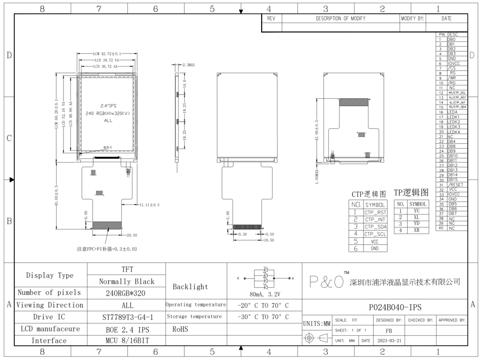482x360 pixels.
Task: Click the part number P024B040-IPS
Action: [x=395, y=307]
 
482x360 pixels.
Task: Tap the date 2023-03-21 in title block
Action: [x=389, y=341]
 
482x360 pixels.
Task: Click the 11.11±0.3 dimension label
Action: [x=150, y=205]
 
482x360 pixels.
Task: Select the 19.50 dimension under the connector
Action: [x=269, y=240]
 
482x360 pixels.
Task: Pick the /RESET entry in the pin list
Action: [x=455, y=184]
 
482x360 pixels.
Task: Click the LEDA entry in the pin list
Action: [x=452, y=112]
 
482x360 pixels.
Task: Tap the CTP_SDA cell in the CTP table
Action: [x=375, y=227]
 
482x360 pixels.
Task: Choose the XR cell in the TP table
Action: [x=416, y=230]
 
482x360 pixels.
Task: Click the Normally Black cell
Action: [x=127, y=282]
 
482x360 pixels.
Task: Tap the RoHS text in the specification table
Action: [x=180, y=329]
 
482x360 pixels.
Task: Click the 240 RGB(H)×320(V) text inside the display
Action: [x=108, y=113]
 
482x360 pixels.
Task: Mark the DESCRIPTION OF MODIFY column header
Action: [x=340, y=18]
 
